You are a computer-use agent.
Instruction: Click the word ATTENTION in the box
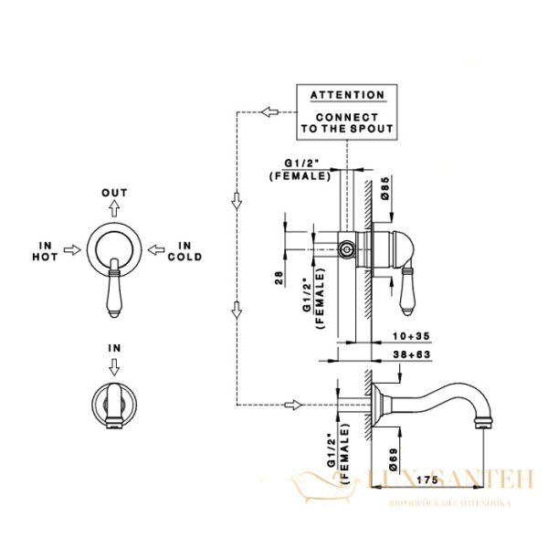(347, 95)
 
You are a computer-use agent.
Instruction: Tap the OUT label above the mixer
(114, 193)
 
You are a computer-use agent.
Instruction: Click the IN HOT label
(48, 251)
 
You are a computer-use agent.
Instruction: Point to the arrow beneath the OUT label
(114, 209)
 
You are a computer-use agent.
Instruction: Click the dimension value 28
(278, 278)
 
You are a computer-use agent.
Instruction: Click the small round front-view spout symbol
(114, 401)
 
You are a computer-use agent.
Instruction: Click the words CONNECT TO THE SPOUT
(347, 123)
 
